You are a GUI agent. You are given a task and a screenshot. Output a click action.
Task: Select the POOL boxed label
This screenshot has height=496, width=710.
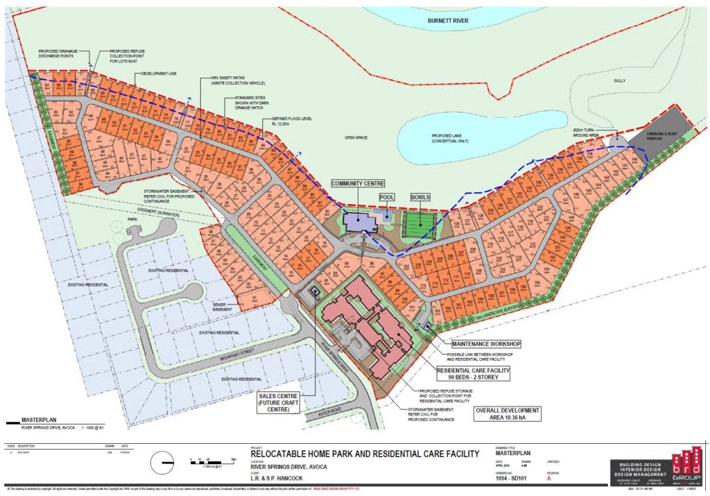387,197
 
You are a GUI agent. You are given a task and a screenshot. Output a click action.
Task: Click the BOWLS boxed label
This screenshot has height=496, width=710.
421,197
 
